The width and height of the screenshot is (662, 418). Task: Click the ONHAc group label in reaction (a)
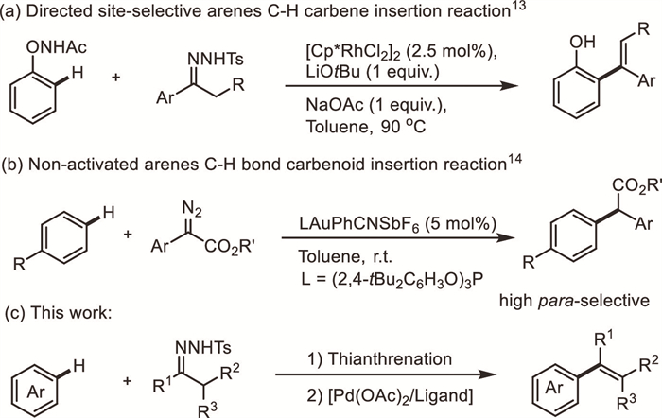coord(44,39)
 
